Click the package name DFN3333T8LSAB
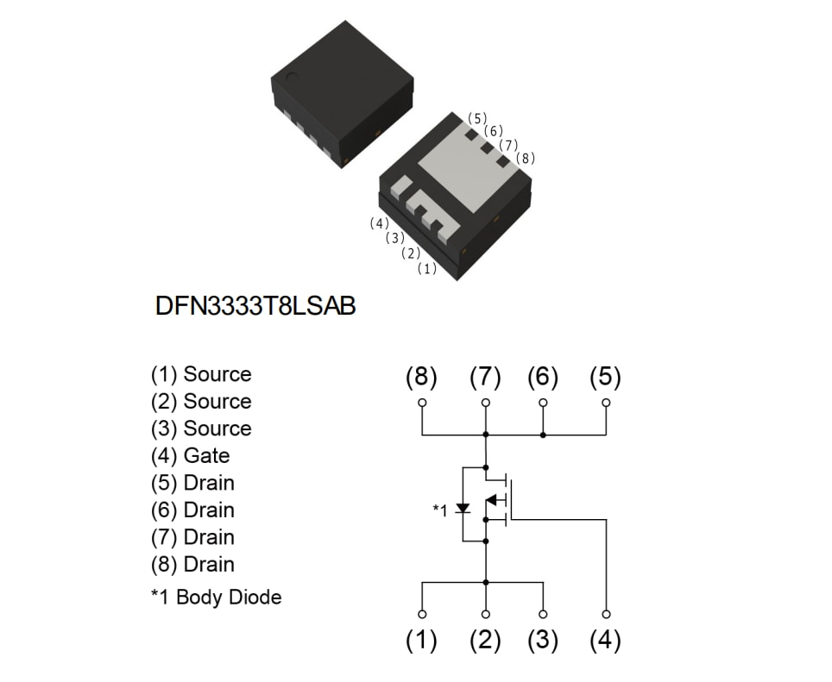click(255, 307)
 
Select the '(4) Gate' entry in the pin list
click(190, 455)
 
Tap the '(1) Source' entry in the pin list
click(201, 374)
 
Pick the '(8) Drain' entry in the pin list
click(192, 564)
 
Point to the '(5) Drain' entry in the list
click(192, 483)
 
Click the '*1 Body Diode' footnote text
click(216, 597)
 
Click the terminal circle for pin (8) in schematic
click(422, 403)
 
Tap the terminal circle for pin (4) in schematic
click(606, 614)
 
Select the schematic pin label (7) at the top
click(485, 378)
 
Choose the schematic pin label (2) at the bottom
click(485, 641)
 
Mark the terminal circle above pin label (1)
click(422, 614)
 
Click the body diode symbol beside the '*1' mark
click(463, 508)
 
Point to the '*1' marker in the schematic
click(440, 510)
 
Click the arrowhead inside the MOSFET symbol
click(493, 499)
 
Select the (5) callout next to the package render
click(477, 118)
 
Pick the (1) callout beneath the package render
click(426, 268)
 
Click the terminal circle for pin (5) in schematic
click(606, 403)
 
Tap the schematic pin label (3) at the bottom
click(543, 641)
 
